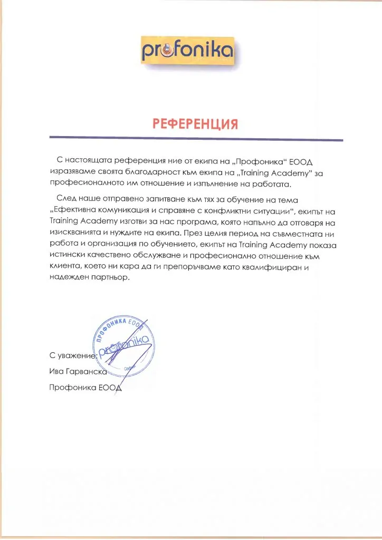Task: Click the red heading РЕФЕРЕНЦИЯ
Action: (x=196, y=124)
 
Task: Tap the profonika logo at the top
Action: (x=187, y=51)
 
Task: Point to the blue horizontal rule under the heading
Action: (x=196, y=139)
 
